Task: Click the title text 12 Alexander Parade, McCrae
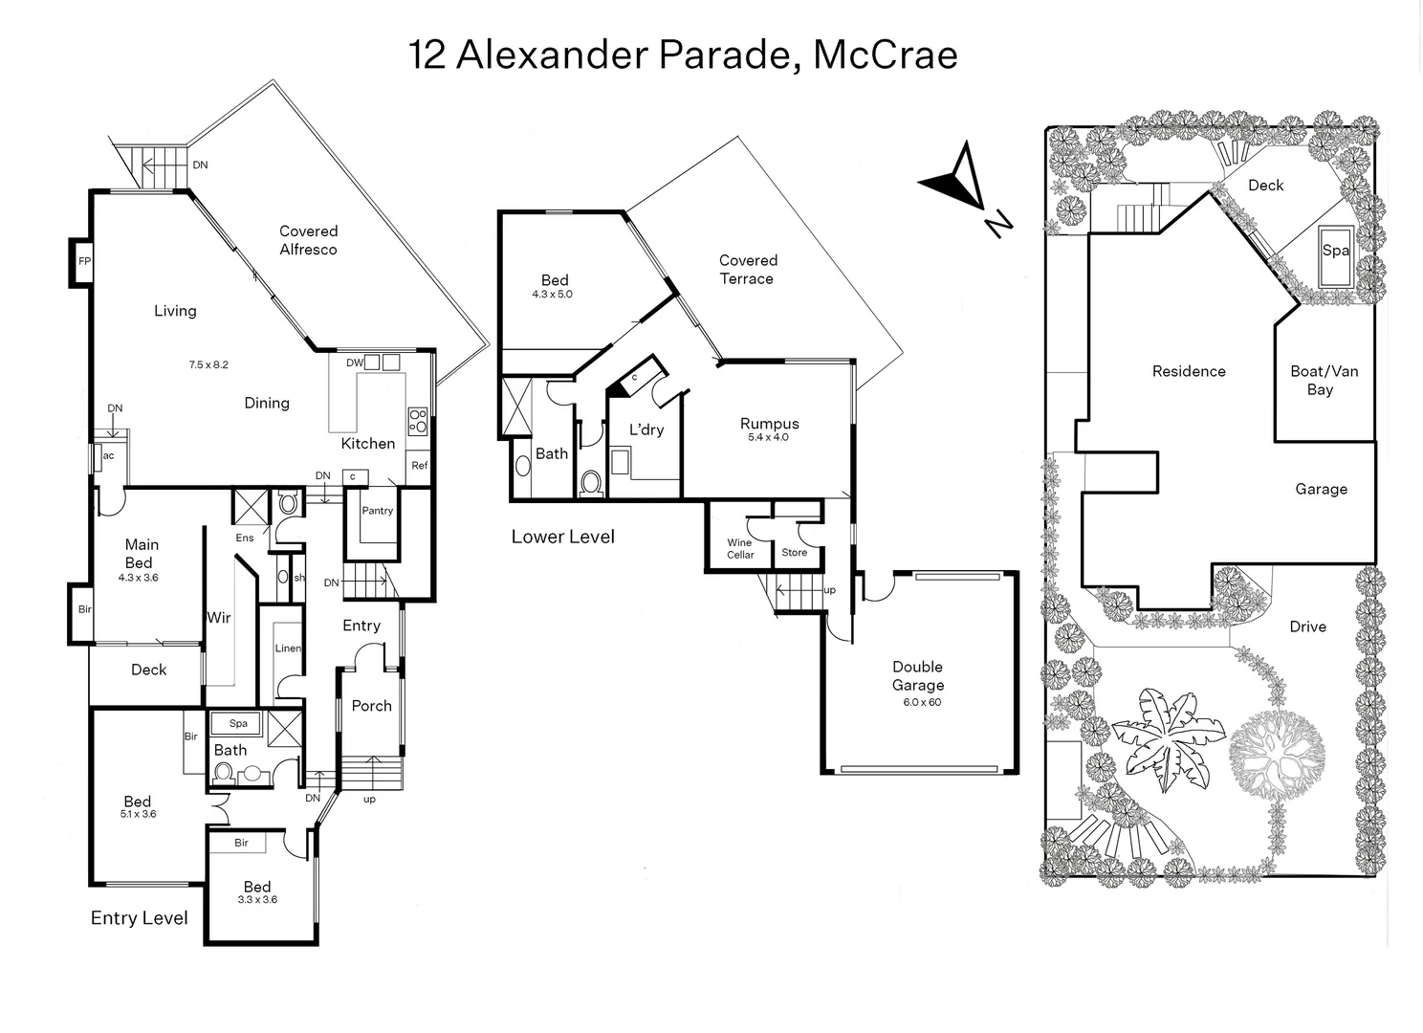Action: tap(683, 55)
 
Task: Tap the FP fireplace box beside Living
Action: tap(84, 261)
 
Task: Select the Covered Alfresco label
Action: tap(308, 240)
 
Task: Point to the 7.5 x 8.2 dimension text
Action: tap(208, 364)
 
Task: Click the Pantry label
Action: tap(377, 511)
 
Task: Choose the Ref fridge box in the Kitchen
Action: tap(419, 466)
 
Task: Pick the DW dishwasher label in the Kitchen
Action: tap(355, 363)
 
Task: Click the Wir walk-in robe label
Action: tap(219, 618)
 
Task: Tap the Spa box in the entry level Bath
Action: tap(238, 723)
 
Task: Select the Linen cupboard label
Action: tap(288, 648)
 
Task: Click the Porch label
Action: tap(371, 706)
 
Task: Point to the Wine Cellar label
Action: tap(740, 548)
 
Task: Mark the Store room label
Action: tap(794, 553)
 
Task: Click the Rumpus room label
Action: tap(769, 424)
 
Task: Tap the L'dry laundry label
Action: tap(646, 429)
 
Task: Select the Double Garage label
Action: tap(918, 676)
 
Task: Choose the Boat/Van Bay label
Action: tap(1324, 380)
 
